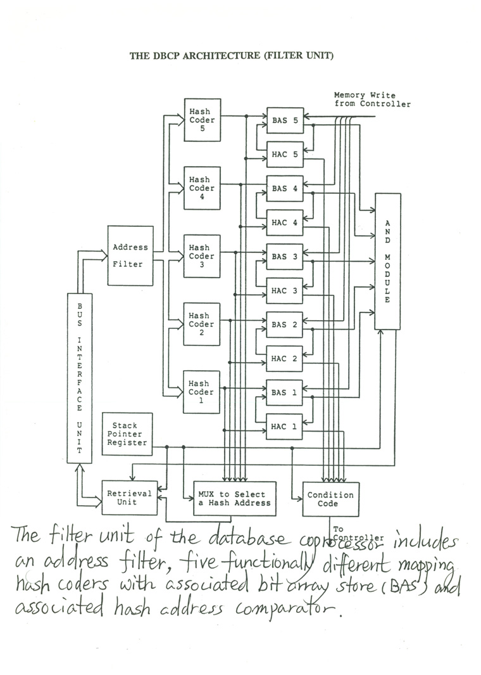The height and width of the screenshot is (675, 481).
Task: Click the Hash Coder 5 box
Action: [202, 120]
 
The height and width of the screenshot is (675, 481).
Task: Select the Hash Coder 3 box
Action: [202, 256]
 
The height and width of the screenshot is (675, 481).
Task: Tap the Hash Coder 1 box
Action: [202, 392]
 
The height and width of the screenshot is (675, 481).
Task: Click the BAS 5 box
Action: [285, 120]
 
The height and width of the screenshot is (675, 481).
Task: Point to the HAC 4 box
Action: [285, 222]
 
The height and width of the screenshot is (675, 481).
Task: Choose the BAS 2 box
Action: [284, 325]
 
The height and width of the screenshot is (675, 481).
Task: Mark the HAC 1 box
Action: [284, 427]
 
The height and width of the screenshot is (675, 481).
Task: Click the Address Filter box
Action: [130, 255]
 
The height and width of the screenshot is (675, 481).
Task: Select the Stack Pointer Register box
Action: [127, 434]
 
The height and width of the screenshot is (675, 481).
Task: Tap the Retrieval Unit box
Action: [129, 498]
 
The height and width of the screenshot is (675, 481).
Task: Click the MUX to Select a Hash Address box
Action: [235, 499]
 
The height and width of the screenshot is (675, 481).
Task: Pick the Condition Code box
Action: [330, 499]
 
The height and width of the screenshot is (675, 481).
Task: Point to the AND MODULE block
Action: [388, 261]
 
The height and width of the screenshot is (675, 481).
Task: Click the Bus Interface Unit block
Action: [80, 378]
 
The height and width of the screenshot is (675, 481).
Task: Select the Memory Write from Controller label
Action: [372, 100]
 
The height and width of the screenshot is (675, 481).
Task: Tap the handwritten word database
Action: [247, 538]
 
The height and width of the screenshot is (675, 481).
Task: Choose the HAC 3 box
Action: [284, 290]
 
